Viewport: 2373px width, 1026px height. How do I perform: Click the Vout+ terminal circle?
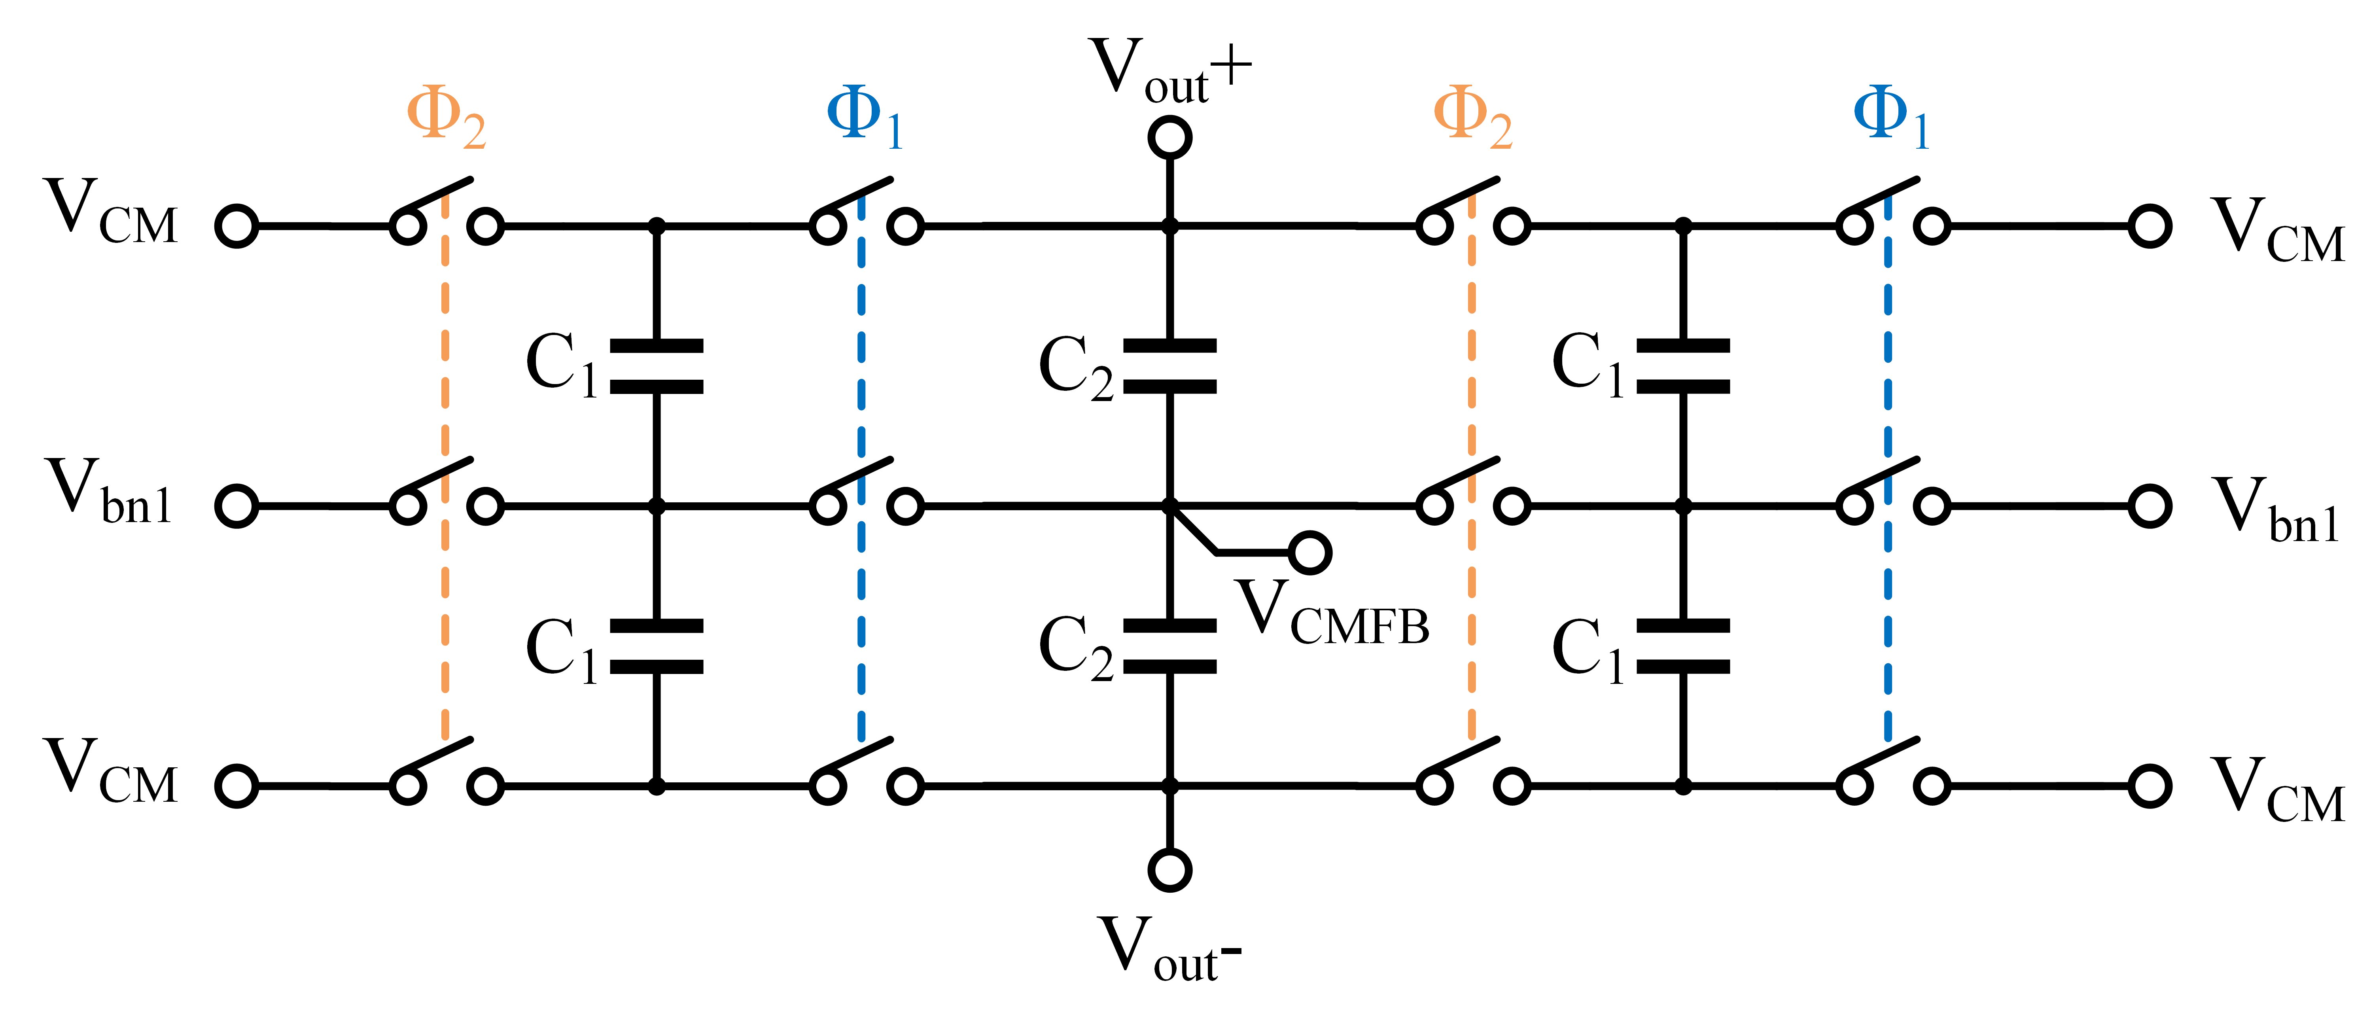pos(1170,138)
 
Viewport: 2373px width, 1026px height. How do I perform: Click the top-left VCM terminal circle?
pos(237,225)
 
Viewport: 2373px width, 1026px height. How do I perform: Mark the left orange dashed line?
pos(446,460)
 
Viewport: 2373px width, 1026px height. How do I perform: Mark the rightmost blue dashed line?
pos(1889,460)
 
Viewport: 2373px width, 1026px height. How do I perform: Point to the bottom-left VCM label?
pos(111,772)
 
